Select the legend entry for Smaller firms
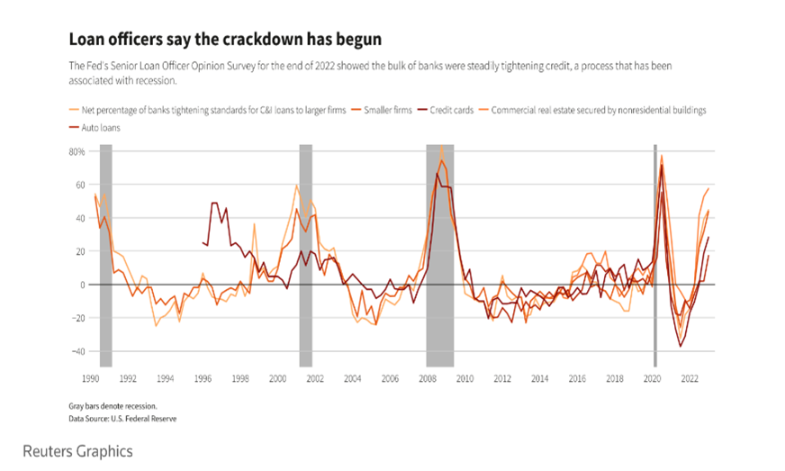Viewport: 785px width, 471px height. click(x=388, y=110)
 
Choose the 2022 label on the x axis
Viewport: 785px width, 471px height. click(x=690, y=379)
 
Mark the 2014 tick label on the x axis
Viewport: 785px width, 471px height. click(x=539, y=379)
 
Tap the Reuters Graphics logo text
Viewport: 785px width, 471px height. click(x=77, y=450)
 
